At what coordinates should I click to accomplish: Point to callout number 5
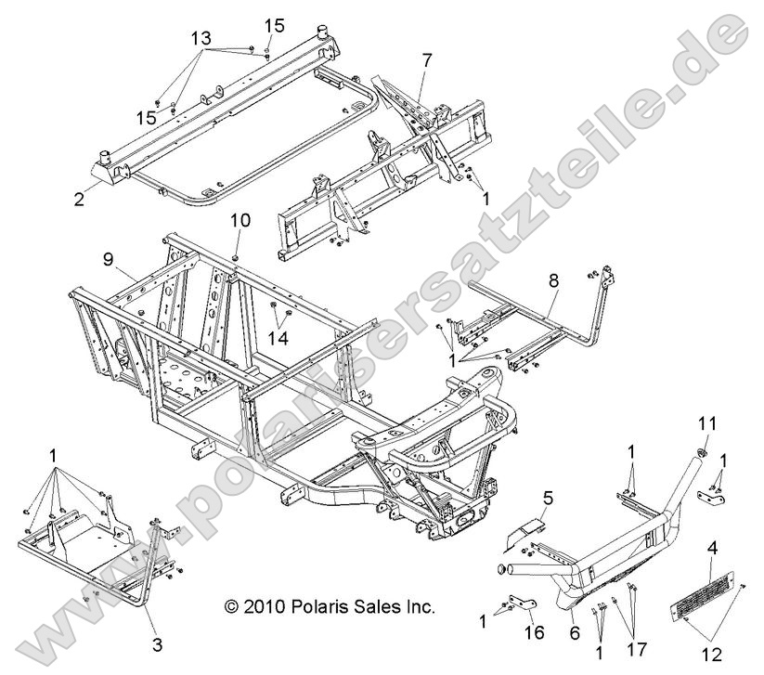pyautogui.click(x=546, y=499)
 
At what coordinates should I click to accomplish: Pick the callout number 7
pyautogui.click(x=426, y=61)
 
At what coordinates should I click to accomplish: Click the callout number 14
pyautogui.click(x=278, y=340)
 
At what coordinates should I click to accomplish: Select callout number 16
pyautogui.click(x=531, y=632)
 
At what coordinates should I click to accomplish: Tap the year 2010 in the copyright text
pyautogui.click(x=261, y=607)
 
